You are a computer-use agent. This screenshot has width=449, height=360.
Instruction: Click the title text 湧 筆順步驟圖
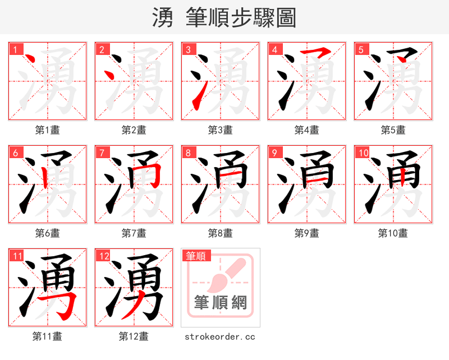224,17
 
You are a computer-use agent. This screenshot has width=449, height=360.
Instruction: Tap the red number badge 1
15,49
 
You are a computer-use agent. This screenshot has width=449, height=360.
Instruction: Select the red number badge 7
101,153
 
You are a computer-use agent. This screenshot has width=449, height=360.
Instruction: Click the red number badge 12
103,256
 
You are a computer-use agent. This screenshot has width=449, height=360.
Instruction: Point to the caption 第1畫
48,130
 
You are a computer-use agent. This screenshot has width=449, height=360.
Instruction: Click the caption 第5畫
393,130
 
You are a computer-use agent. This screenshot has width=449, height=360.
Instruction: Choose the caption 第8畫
220,233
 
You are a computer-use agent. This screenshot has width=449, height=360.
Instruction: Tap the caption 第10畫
393,233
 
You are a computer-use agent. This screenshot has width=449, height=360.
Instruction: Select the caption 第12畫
134,336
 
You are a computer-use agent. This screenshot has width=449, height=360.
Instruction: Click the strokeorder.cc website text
220,336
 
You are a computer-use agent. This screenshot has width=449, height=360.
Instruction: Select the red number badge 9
274,153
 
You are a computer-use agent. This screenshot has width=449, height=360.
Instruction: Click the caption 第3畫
220,130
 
